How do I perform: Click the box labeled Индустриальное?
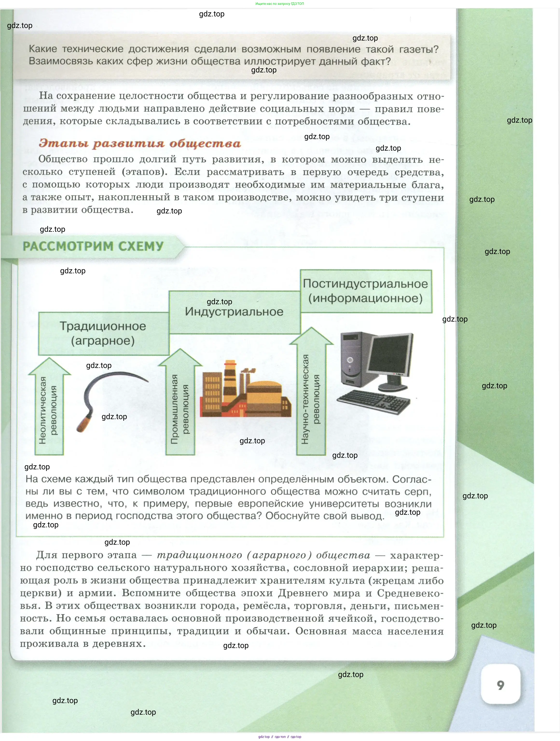tap(234, 312)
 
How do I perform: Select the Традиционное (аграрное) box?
tap(103, 333)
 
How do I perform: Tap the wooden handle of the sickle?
tap(84, 424)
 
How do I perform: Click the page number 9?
tap(500, 685)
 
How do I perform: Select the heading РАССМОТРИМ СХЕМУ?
tap(93, 247)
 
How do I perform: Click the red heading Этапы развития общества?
tap(140, 143)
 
